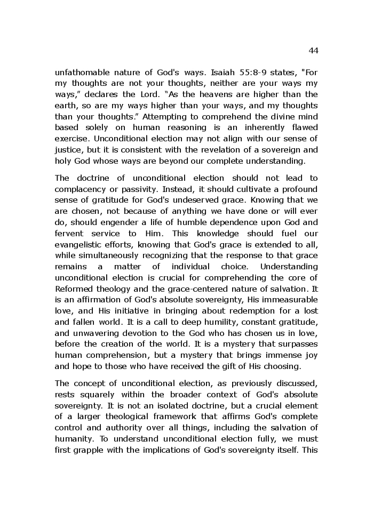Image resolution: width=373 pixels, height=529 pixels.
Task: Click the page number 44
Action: (313, 51)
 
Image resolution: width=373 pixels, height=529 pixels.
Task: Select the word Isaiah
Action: (224, 72)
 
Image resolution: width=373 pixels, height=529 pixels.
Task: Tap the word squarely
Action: (97, 394)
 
